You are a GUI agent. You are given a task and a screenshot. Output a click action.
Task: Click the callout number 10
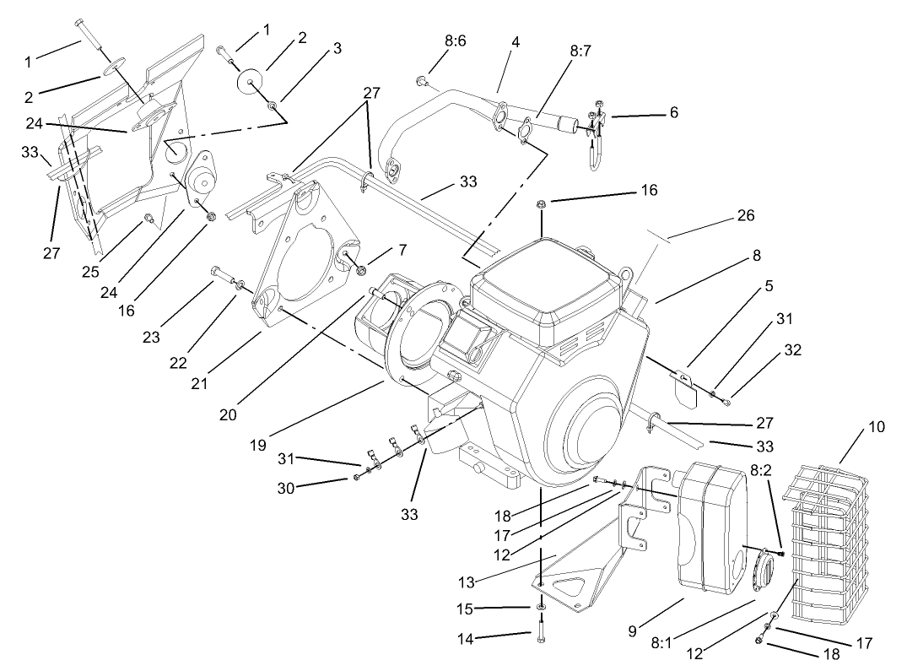[877, 427]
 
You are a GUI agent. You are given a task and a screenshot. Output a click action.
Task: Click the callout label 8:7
[580, 51]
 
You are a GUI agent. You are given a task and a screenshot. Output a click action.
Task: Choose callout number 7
[402, 250]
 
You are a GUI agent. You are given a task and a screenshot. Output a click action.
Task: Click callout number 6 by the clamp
[672, 111]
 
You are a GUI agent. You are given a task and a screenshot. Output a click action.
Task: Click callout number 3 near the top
[337, 48]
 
